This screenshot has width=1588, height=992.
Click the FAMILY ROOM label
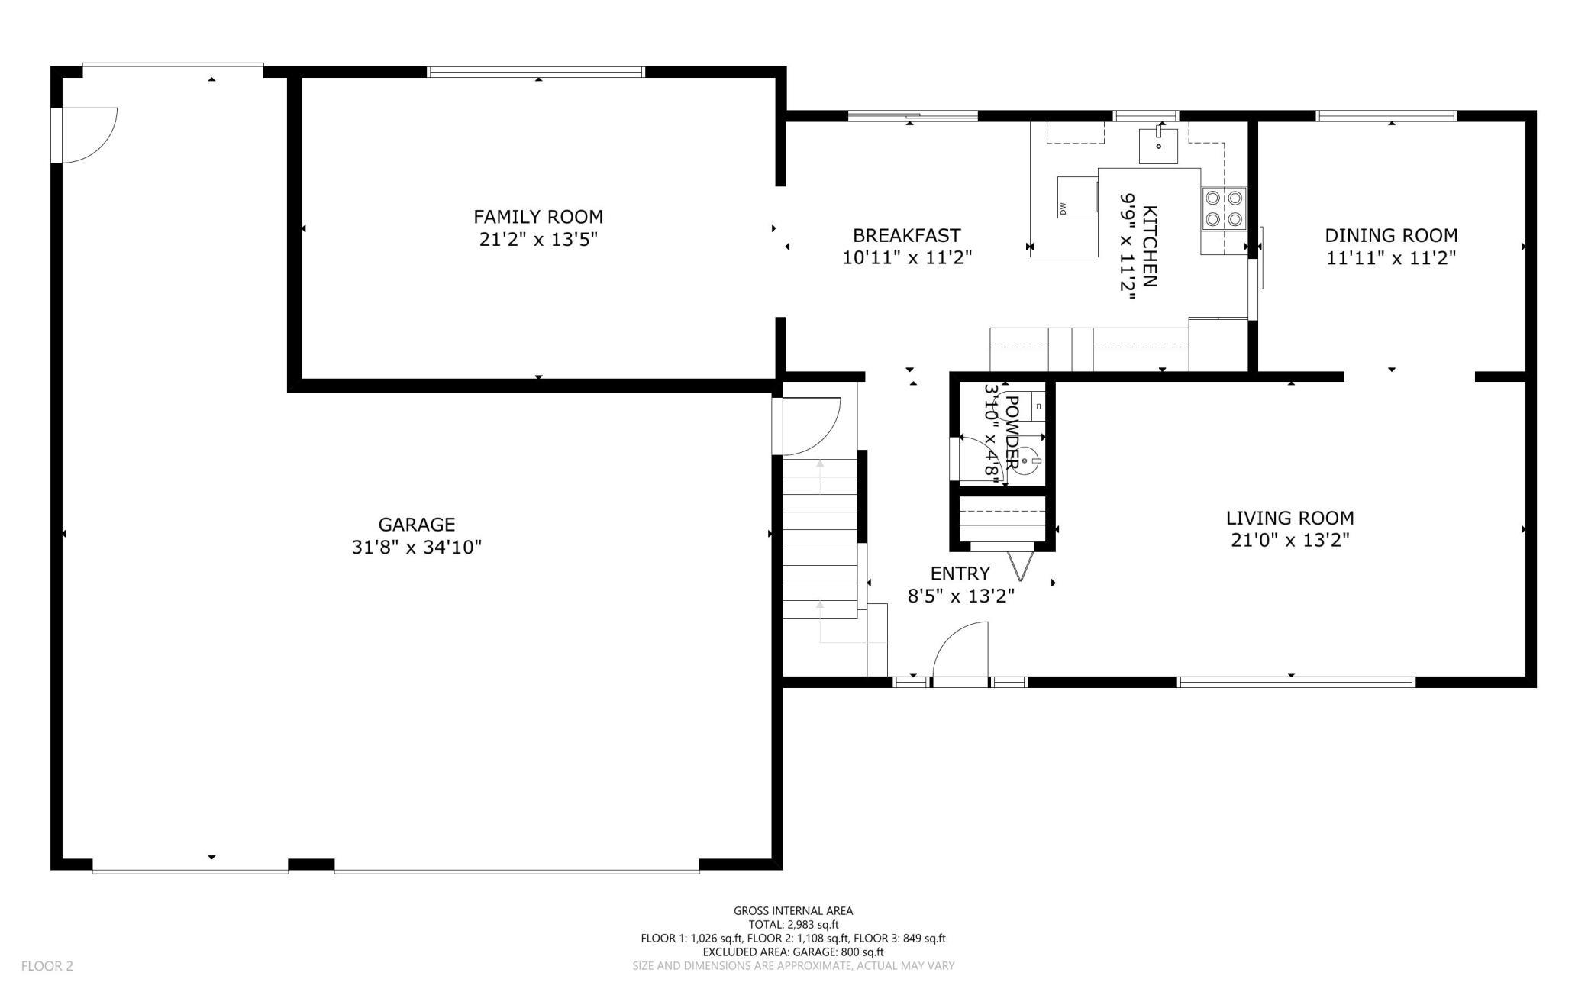pyautogui.click(x=538, y=217)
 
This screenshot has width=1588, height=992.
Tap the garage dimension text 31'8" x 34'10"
pyautogui.click(x=417, y=548)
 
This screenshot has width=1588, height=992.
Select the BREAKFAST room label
pyautogui.click(x=907, y=235)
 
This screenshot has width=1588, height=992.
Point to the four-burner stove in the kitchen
pyautogui.click(x=1224, y=208)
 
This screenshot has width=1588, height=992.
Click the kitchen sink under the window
pyautogui.click(x=1158, y=146)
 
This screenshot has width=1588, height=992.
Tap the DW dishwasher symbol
pyautogui.click(x=1077, y=196)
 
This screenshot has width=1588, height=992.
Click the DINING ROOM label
pyautogui.click(x=1391, y=235)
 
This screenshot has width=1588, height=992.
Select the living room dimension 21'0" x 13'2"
pyautogui.click(x=1290, y=541)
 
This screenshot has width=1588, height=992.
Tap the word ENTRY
pyautogui.click(x=960, y=574)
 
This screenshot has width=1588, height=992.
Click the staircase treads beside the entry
pyautogui.click(x=820, y=538)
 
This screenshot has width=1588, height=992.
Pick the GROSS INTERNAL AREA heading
pyautogui.click(x=793, y=910)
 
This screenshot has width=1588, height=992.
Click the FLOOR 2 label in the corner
pyautogui.click(x=47, y=966)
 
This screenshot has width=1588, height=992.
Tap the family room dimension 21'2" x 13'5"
pyautogui.click(x=538, y=240)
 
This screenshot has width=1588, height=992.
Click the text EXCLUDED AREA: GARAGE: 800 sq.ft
pyautogui.click(x=793, y=952)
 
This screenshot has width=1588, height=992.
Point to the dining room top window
pyautogui.click(x=1386, y=116)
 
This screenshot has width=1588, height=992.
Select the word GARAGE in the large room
pyautogui.click(x=417, y=525)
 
